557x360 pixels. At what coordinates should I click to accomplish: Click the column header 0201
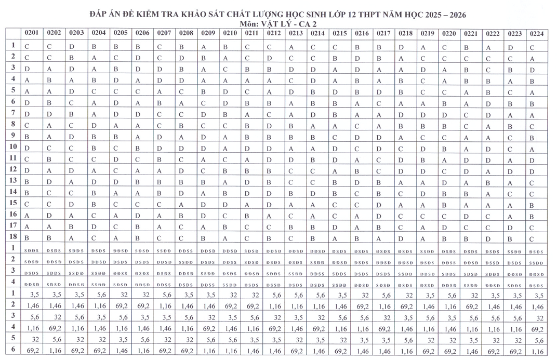tap(32, 33)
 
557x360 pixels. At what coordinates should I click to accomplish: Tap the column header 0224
tap(537, 33)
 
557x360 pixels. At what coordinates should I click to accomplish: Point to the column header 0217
tap(383, 33)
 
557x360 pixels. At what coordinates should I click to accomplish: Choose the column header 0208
tap(185, 33)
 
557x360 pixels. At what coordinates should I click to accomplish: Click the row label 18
tap(14, 237)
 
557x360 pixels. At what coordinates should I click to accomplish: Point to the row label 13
tap(14, 181)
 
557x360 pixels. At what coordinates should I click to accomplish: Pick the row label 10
tap(14, 147)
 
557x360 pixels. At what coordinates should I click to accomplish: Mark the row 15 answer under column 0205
tap(116, 205)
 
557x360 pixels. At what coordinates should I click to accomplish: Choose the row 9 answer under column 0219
tap(422, 137)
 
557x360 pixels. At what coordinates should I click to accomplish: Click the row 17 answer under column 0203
tap(72, 228)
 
